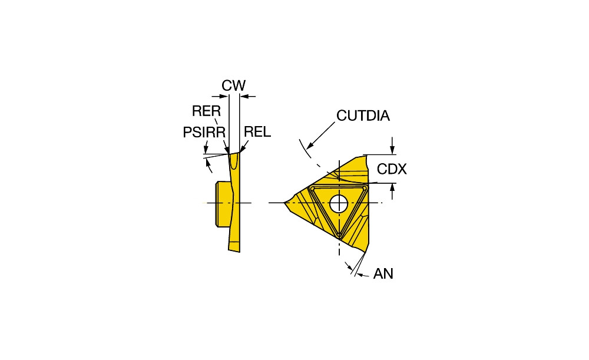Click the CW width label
point(233,85)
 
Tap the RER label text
point(206,111)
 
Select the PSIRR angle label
point(204,132)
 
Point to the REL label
point(257,132)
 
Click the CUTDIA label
point(363,115)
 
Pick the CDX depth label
point(392,169)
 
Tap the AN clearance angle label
point(383,273)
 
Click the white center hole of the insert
point(339,203)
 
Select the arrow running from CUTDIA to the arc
point(320,136)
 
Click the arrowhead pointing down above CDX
point(392,149)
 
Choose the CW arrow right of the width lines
point(247,97)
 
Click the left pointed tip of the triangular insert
point(284,203)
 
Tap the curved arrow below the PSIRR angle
point(208,165)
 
